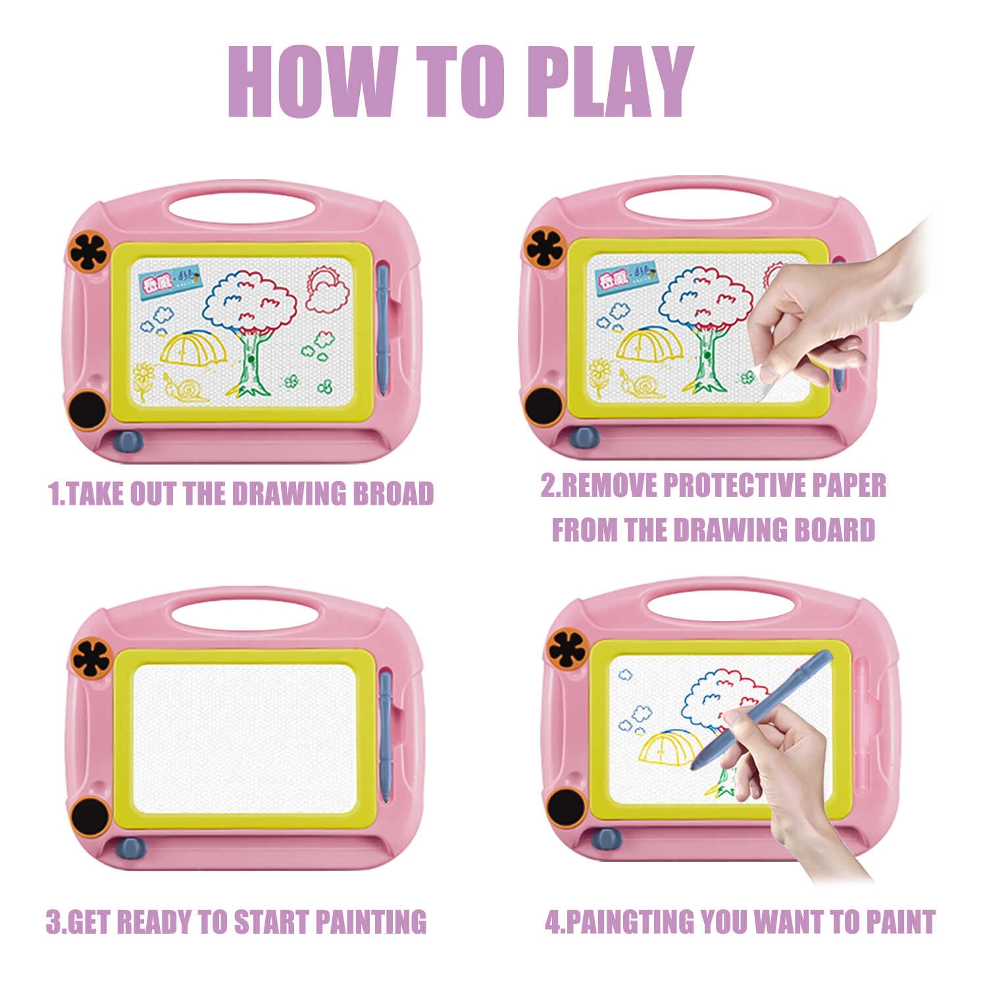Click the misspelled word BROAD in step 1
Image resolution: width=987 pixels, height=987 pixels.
(x=393, y=493)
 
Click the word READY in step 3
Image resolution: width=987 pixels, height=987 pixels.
(x=164, y=921)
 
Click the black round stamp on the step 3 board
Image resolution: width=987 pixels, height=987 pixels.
(x=91, y=817)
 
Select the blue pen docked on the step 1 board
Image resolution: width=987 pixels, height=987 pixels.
(x=383, y=328)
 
